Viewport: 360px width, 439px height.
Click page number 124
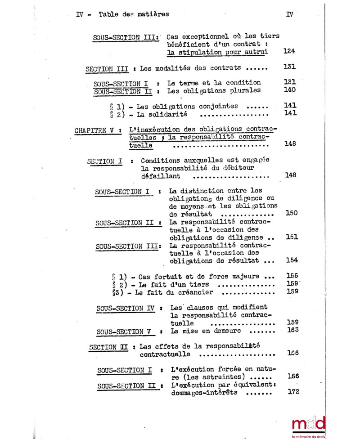coord(289,52)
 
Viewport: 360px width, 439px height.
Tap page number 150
coord(291,213)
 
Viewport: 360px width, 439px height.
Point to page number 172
coord(292,392)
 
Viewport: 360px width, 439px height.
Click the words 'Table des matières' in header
coord(134,14)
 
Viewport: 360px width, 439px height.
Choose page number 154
coord(292,260)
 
